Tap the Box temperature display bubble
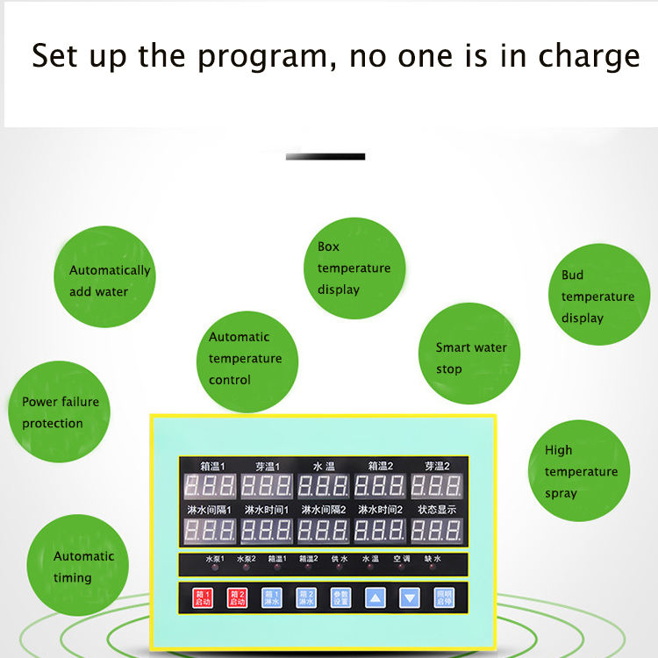click(x=355, y=268)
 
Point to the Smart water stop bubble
click(x=470, y=354)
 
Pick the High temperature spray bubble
click(x=579, y=470)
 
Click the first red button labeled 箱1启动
click(x=203, y=598)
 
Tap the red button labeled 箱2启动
click(x=237, y=598)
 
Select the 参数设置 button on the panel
click(x=340, y=598)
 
